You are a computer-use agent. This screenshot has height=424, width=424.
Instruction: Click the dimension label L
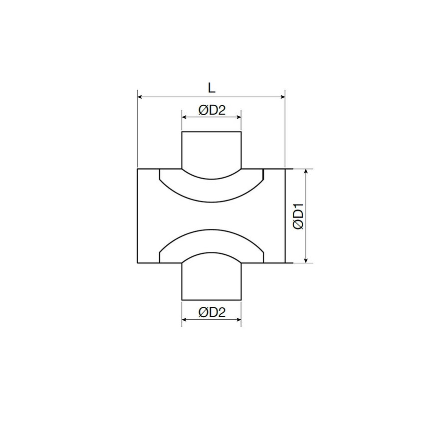pyautogui.click(x=212, y=88)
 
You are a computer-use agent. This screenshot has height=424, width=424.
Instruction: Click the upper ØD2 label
pyautogui.click(x=212, y=111)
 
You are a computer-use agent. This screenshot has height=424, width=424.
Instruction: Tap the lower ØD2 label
pyautogui.click(x=212, y=313)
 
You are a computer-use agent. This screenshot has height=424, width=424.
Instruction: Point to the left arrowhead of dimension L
pyautogui.click(x=139, y=96)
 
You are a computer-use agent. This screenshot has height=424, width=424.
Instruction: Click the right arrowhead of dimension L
pyautogui.click(x=282, y=96)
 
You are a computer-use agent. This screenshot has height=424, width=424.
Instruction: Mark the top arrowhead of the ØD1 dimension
pyautogui.click(x=306, y=171)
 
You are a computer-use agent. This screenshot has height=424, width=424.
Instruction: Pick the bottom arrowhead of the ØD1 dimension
pyautogui.click(x=306, y=260)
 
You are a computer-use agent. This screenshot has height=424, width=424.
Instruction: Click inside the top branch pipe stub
pyautogui.click(x=212, y=150)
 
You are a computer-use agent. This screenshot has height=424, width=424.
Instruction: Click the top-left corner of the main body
pyautogui.click(x=137, y=169)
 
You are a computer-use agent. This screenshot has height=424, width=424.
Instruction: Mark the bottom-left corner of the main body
pyautogui.click(x=137, y=262)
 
